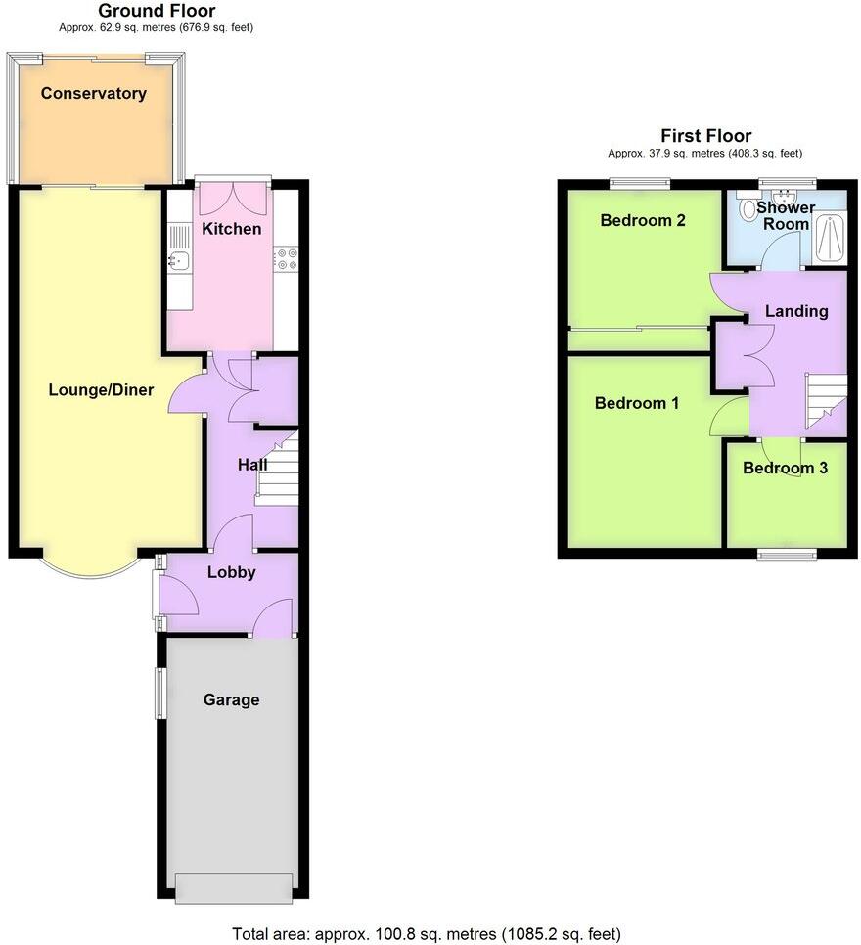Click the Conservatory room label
pos(94,94)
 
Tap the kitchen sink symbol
pos(179,260)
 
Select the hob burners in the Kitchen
pos(287,259)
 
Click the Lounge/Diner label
pos(101,390)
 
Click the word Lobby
pos(232,572)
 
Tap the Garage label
pos(232,699)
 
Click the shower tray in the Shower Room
pos(832,238)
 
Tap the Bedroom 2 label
pos(643,220)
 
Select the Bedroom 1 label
pos(637,403)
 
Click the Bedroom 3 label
pos(785,468)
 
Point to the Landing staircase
pos(825,401)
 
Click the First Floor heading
pos(705,136)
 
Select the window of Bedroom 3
pos(788,554)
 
